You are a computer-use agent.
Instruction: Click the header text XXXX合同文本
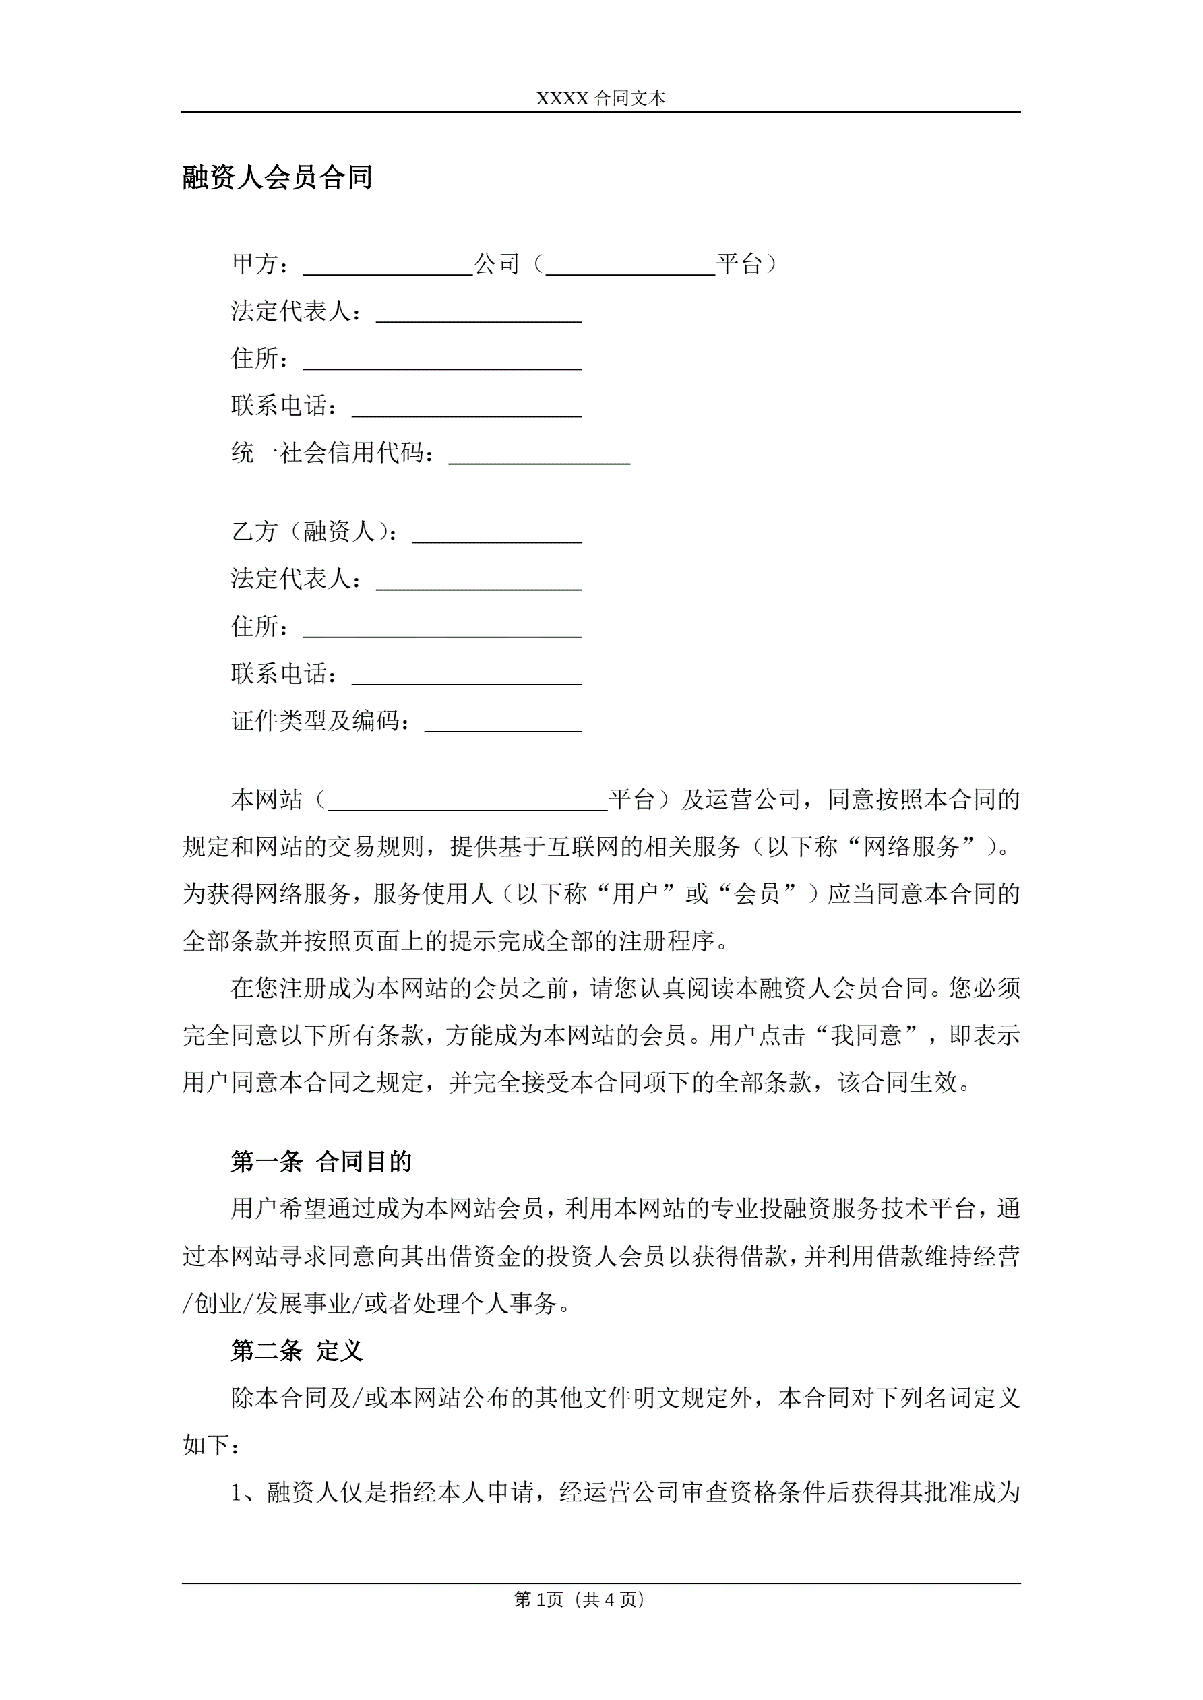600,98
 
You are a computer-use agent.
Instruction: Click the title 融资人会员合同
277,178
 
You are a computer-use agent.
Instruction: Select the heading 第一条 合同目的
321,1162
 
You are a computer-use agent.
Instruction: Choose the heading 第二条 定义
297,1350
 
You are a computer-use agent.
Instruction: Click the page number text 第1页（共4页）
580,1600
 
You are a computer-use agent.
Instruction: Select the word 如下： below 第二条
211,1445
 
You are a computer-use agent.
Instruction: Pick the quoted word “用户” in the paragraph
636,893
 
